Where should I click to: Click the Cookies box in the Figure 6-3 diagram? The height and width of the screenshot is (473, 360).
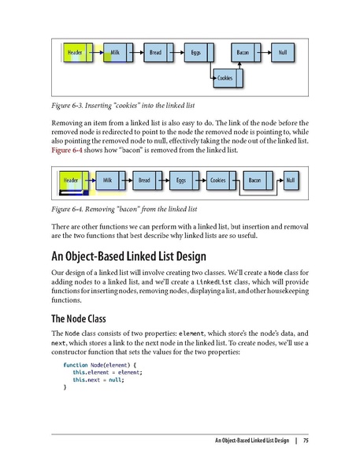point(225,79)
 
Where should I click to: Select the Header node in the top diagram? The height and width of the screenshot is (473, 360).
point(76,53)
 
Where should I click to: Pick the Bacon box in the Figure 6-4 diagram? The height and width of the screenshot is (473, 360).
point(255,181)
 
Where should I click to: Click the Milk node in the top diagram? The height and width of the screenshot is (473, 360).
point(116,53)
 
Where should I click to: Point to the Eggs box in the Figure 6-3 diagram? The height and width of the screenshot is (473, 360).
point(196,53)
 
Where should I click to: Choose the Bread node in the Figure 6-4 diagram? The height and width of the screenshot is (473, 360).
point(145,181)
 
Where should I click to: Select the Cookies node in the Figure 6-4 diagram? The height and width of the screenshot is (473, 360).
point(218,181)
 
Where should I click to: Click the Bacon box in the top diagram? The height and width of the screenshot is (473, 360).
point(243,53)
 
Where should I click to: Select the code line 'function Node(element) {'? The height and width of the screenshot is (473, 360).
point(100,364)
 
